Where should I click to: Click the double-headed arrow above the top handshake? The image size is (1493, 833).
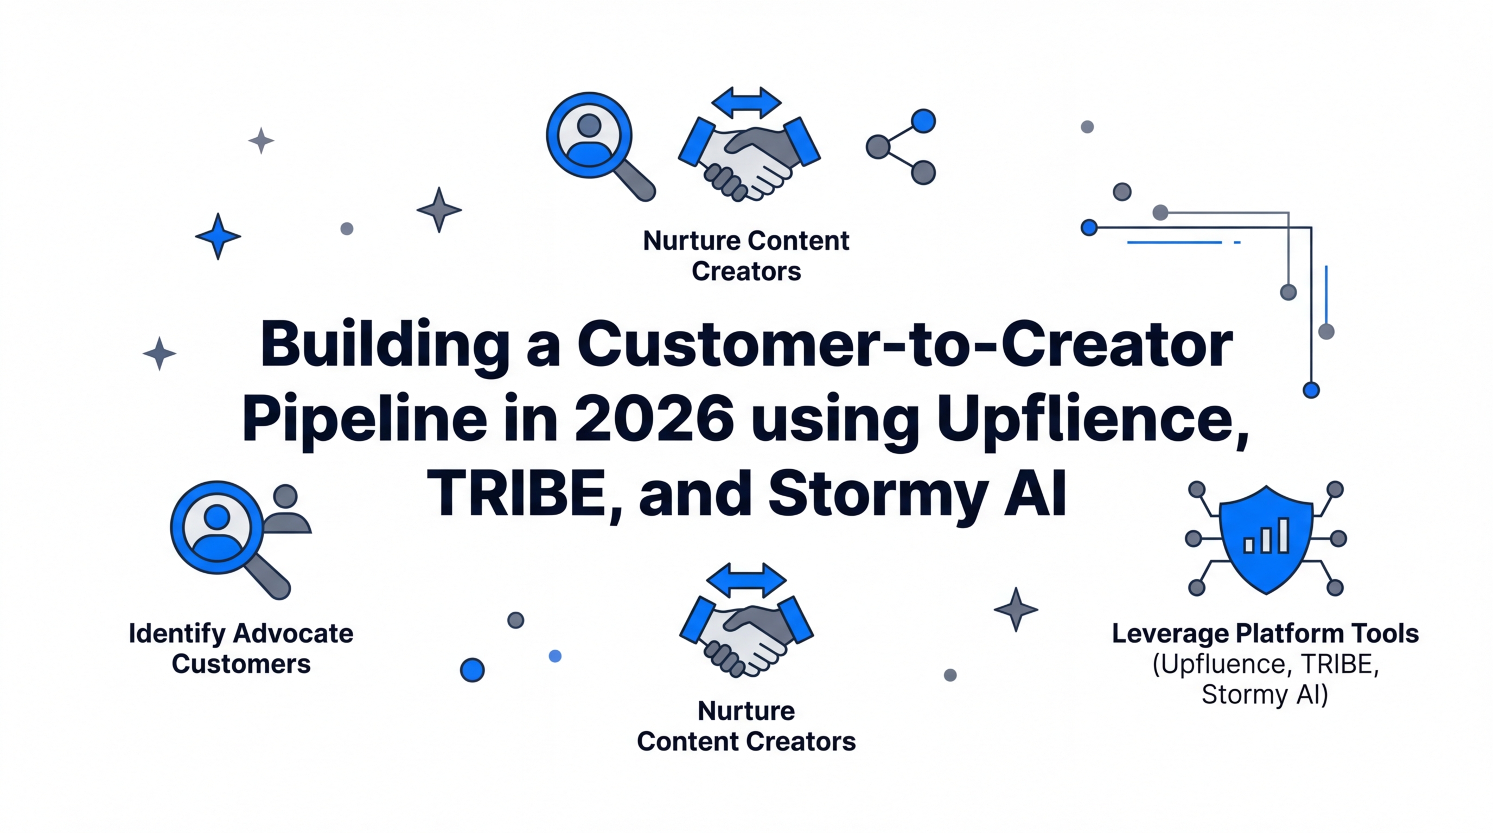pos(746,103)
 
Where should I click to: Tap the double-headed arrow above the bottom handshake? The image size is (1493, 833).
pos(746,580)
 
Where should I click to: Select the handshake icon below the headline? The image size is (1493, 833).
pos(746,636)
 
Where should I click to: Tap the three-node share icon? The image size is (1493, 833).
pos(901,147)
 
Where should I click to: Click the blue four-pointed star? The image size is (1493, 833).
pos(218,236)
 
